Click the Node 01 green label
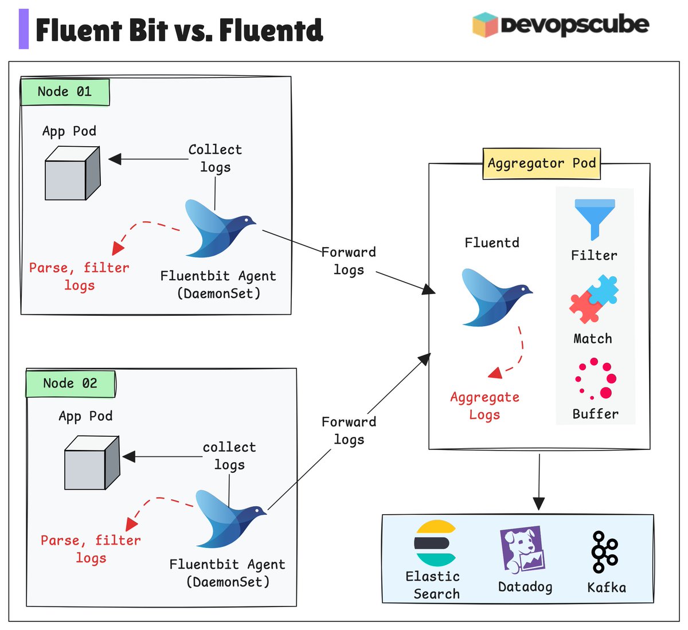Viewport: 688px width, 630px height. tap(65, 92)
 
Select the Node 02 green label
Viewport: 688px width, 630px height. tap(71, 384)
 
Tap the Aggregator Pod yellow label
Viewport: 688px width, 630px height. tap(541, 163)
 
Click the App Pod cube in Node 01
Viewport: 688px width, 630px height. tap(72, 173)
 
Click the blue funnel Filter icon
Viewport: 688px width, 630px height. tap(595, 218)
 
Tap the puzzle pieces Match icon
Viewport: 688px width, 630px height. tap(594, 299)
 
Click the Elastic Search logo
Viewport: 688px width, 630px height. tap(435, 543)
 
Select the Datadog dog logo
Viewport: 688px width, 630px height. tap(522, 549)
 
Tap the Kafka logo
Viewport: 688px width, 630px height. tap(604, 551)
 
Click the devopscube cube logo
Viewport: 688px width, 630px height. tap(484, 25)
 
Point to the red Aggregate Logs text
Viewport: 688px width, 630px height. tap(485, 406)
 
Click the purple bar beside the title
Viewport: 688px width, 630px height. tap(24, 29)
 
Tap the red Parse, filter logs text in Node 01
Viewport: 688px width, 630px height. tap(79, 276)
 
